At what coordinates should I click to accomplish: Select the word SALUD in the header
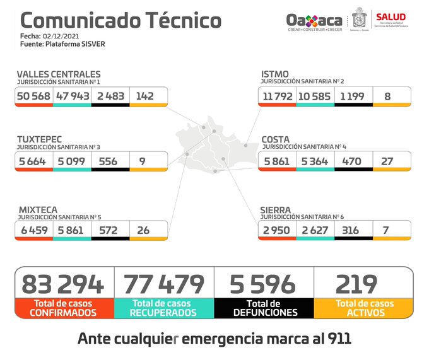[x=391, y=16]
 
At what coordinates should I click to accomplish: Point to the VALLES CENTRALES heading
[x=58, y=74]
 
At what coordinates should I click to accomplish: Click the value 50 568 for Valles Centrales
[x=35, y=96]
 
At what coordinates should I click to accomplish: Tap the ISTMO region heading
[x=275, y=74]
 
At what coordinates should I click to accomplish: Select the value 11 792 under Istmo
[x=277, y=96]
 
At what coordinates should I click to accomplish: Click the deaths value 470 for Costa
[x=351, y=161]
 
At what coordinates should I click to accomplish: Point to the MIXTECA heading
[x=37, y=209]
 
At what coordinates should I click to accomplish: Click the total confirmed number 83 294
[x=63, y=284]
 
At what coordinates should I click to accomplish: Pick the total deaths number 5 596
[x=263, y=284]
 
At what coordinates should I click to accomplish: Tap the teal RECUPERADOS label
[x=164, y=312]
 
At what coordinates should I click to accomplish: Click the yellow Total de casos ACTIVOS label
[x=364, y=308]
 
